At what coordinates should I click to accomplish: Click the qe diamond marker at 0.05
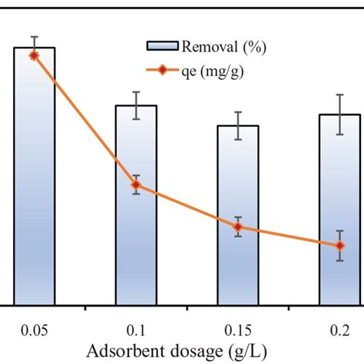pos(34,55)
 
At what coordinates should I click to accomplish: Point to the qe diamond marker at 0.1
pos(136,184)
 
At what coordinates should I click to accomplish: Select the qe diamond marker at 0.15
pos(238,227)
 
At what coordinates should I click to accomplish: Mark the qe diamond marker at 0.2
pos(339,246)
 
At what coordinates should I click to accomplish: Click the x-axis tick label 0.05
pos(34,330)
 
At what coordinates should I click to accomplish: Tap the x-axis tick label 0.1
pos(136,330)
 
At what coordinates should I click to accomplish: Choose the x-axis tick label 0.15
pos(238,330)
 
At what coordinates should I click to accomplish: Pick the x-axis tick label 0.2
pos(339,330)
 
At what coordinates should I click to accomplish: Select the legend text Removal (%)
pos(222,48)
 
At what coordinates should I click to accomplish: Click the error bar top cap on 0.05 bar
pos(34,37)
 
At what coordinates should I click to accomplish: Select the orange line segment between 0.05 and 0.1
pos(84,120)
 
